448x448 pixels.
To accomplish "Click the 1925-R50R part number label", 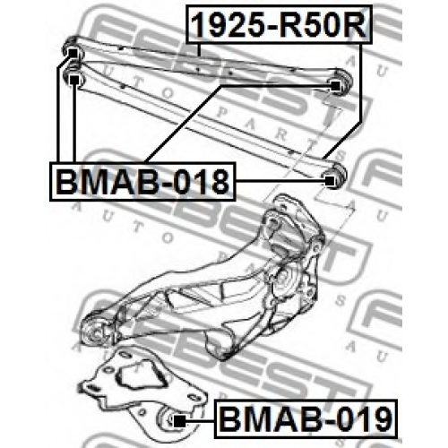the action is pos(279,24).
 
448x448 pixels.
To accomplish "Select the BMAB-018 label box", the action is pos(142,181).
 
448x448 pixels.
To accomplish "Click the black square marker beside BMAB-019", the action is pos(179,421).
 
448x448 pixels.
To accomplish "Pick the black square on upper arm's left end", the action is pos(73,53).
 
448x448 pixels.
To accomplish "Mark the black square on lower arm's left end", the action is pos(74,80).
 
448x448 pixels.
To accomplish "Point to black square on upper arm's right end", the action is pos(335,86).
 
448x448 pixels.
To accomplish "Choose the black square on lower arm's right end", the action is pos(330,181).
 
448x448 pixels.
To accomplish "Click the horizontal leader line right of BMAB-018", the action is pos(280,181).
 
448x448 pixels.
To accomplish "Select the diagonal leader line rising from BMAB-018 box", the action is pos(183,124).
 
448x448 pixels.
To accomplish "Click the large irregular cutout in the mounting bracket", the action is pos(135,377).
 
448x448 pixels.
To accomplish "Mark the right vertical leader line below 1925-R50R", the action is pos(361,82).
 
